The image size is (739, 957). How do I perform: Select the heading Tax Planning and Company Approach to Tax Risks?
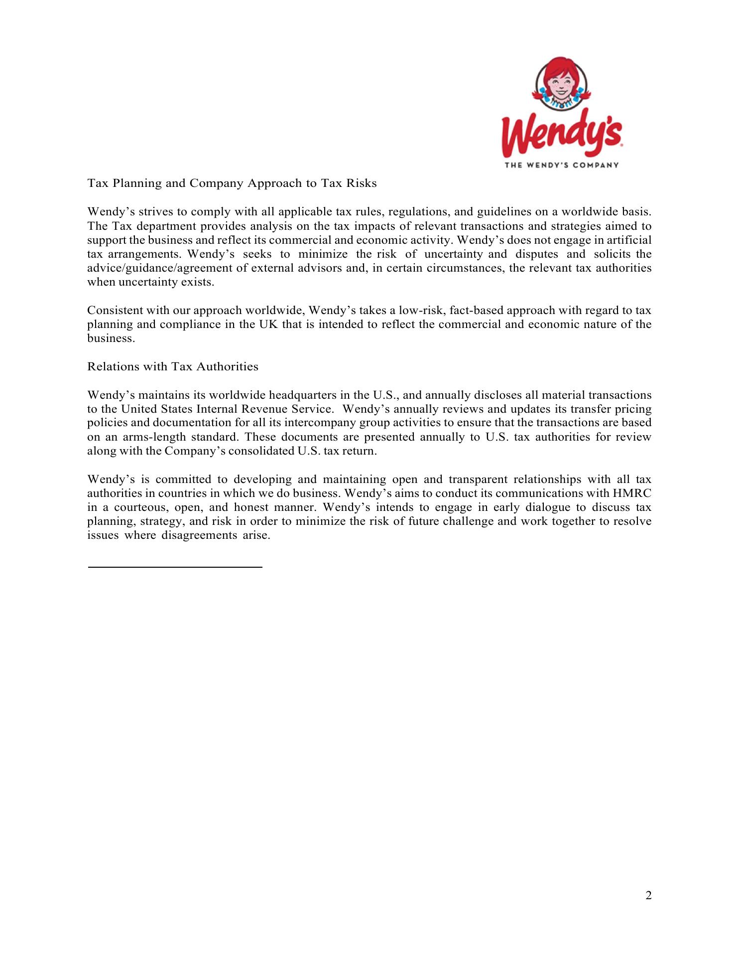click(232, 183)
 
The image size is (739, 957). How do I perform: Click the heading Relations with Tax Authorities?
click(173, 367)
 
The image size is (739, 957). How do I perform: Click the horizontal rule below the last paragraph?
click(175, 567)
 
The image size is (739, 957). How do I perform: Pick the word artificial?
click(630, 240)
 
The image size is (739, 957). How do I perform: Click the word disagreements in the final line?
click(198, 536)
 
